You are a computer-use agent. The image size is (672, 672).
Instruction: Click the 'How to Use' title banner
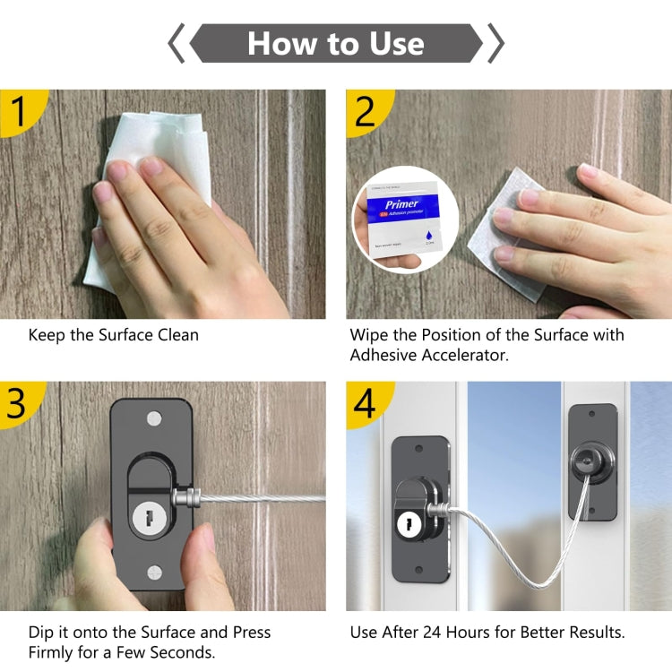point(336,43)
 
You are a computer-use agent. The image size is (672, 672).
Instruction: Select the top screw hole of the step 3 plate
point(154,418)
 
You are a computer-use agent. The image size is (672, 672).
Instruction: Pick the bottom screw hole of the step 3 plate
point(154,570)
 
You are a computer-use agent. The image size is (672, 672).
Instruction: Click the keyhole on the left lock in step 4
point(403,521)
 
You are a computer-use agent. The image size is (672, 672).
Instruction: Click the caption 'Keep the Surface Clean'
point(114,335)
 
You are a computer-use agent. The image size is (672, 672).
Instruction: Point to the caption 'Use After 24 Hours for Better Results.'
point(487,632)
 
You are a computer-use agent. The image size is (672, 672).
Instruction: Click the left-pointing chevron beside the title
point(177,43)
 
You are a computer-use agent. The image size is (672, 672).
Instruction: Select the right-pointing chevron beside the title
point(495,43)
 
